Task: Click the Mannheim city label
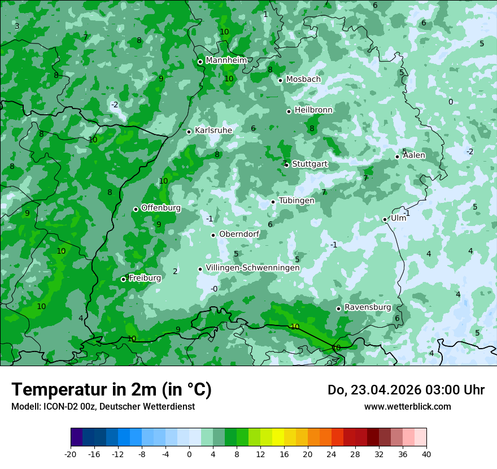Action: click(x=226, y=60)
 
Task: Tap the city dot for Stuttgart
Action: click(x=287, y=165)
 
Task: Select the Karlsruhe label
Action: click(x=213, y=131)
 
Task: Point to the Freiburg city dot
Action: click(x=124, y=279)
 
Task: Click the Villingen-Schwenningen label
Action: click(x=252, y=268)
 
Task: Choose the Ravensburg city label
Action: click(x=368, y=307)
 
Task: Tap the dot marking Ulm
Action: click(x=385, y=219)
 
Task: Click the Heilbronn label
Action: click(x=313, y=110)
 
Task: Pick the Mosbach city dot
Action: click(x=280, y=80)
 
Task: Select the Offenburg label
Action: click(x=161, y=208)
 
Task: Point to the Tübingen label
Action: click(x=297, y=201)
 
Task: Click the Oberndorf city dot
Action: click(x=213, y=235)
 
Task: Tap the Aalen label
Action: click(x=414, y=155)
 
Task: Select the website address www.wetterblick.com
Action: click(x=407, y=406)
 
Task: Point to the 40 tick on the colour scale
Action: click(x=426, y=454)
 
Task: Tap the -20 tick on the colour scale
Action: click(x=70, y=454)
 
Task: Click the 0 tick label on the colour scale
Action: click(x=189, y=454)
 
